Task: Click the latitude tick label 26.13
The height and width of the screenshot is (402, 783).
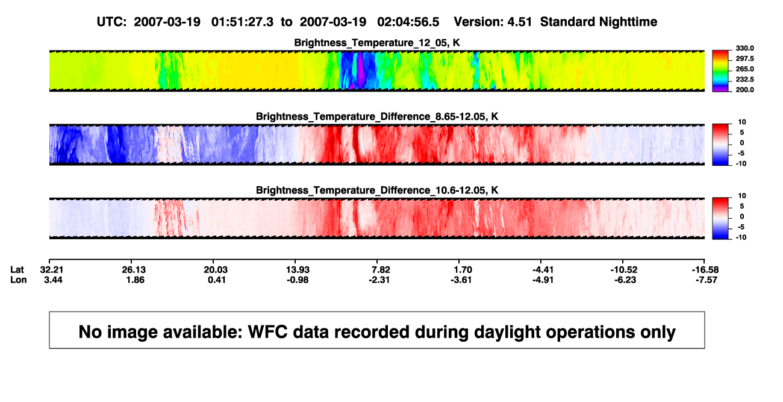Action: (x=134, y=270)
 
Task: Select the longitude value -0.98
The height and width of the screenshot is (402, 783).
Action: (x=298, y=280)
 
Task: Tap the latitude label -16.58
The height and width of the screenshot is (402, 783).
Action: (x=705, y=270)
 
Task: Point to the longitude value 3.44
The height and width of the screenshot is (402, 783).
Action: (x=53, y=280)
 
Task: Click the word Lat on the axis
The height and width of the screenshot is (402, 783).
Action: (x=17, y=270)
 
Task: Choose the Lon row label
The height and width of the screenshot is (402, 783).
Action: (x=19, y=280)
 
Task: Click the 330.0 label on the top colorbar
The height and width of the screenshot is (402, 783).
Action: (x=744, y=48)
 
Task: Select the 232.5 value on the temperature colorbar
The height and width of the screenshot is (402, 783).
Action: (x=744, y=80)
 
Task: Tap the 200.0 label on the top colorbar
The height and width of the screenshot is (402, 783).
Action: (x=744, y=90)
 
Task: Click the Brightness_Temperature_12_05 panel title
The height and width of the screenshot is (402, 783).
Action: (x=377, y=43)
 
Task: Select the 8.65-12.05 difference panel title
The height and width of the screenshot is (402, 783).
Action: (x=377, y=116)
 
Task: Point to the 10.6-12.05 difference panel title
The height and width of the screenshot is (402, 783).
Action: (x=377, y=190)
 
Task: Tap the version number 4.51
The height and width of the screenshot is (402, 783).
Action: (x=519, y=22)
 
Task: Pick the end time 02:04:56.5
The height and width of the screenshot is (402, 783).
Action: (x=408, y=22)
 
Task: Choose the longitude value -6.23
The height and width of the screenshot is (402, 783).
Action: (x=625, y=280)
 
